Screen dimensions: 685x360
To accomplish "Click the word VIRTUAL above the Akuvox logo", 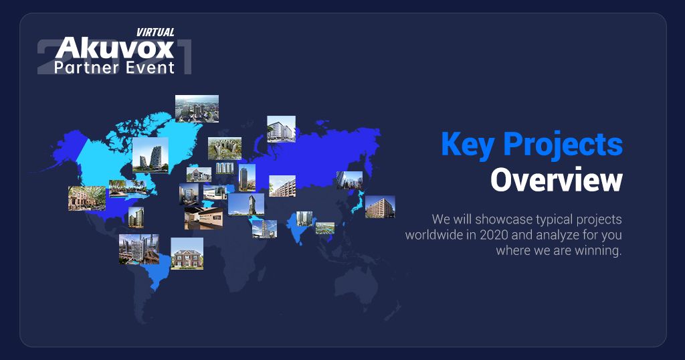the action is point(155,32).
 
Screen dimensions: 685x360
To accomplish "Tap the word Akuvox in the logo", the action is point(114,48).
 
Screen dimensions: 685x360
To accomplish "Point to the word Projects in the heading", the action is point(563,145).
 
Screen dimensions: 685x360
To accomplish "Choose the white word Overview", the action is point(556,179).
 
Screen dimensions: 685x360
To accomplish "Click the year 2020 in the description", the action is point(494,235).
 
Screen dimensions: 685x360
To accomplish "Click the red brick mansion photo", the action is point(187,254).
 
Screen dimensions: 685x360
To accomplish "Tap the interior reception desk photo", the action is point(203,218).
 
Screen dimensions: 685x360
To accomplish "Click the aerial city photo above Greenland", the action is point(197,108).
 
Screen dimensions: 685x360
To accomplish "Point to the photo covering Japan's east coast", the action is point(380,207).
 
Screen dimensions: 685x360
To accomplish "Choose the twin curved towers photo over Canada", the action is point(151,155).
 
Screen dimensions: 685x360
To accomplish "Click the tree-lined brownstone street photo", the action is point(87,198).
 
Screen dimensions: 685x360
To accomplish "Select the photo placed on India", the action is point(304,218).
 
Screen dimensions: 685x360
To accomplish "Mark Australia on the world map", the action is point(357,284).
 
